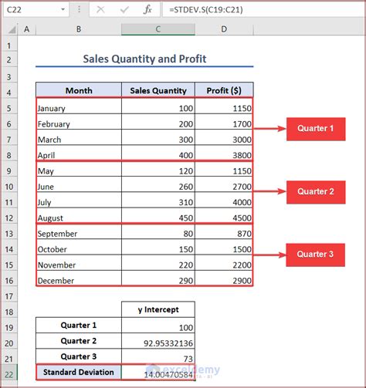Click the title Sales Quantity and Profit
click(x=144, y=59)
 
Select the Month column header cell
click(x=78, y=90)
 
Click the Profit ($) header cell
click(x=224, y=90)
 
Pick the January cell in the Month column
click(x=78, y=108)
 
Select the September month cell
click(x=78, y=233)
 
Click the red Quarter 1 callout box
click(x=316, y=129)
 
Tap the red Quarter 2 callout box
click(x=316, y=191)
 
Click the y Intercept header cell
click(x=158, y=309)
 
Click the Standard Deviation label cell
click(x=78, y=372)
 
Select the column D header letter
click(x=224, y=29)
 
